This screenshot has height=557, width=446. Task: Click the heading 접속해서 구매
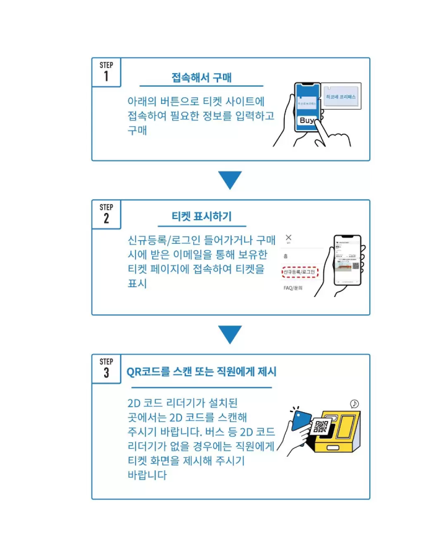coord(201,77)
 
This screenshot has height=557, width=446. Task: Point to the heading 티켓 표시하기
coord(201,217)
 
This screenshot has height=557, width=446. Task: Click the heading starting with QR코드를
coord(201,372)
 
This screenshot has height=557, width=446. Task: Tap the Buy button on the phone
coord(306,121)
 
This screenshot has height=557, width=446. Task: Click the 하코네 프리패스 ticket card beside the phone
coord(341,97)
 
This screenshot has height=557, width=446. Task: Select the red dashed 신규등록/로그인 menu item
coord(299,272)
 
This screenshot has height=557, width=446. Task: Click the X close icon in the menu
coord(288,238)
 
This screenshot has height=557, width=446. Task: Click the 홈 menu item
coord(285,256)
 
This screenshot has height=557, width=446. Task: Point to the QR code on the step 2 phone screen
coord(356,266)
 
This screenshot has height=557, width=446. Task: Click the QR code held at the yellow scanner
coord(320,426)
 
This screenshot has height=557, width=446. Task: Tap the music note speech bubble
coord(354,404)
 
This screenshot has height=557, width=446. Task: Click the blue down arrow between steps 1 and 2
coord(230,180)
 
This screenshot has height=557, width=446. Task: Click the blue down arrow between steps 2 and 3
coord(230,335)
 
